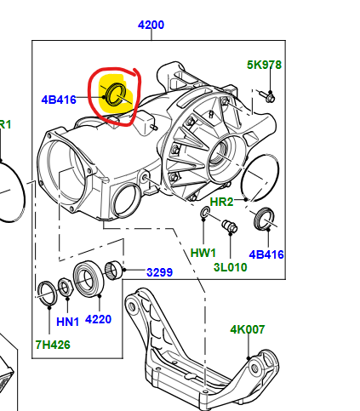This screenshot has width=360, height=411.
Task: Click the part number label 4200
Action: (151, 25)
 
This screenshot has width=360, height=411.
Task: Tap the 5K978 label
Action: (264, 65)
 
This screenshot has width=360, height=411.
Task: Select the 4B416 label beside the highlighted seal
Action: (59, 100)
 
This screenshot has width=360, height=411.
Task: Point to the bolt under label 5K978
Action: (267, 96)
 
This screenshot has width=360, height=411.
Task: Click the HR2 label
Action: (221, 202)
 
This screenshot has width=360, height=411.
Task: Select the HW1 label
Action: (203, 253)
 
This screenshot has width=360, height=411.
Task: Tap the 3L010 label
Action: (230, 267)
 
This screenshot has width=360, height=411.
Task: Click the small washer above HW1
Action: (205, 212)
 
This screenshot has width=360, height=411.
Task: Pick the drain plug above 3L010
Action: (229, 226)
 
